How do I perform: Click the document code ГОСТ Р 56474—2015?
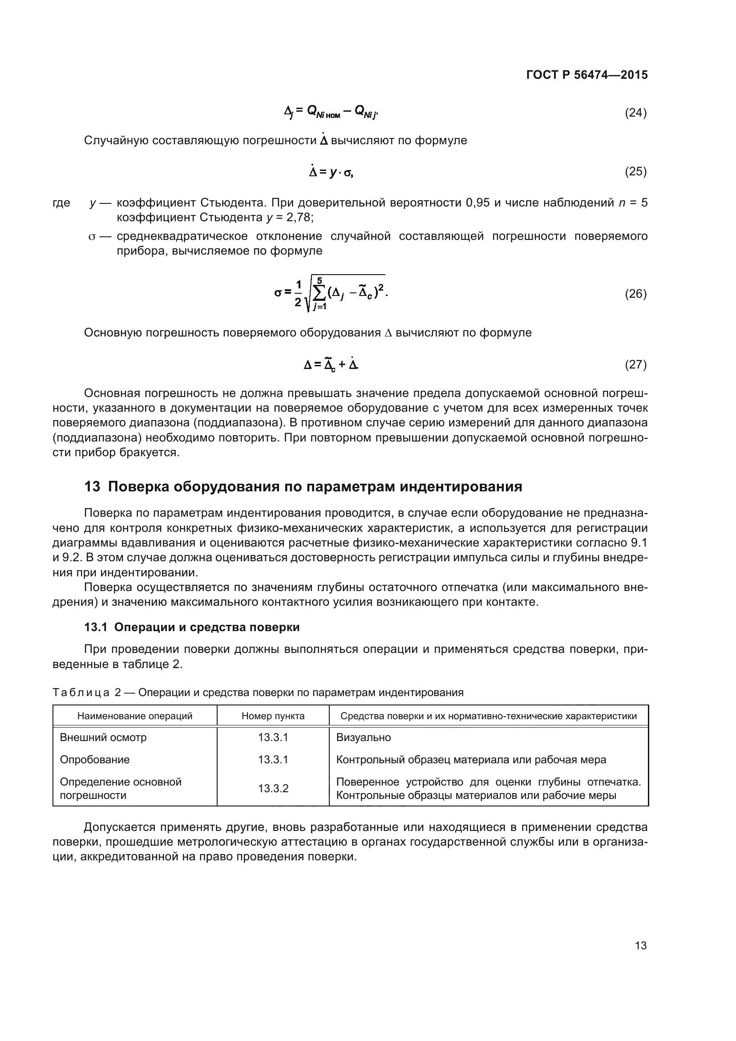point(587,75)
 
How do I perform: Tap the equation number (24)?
point(635,113)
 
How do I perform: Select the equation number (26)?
point(635,294)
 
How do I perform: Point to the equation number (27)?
point(635,365)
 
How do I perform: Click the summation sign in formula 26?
point(319,294)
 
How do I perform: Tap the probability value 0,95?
point(477,203)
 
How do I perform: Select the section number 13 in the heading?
point(92,487)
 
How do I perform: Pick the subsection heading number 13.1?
point(96,627)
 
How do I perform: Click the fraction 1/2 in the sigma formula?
point(298,293)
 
